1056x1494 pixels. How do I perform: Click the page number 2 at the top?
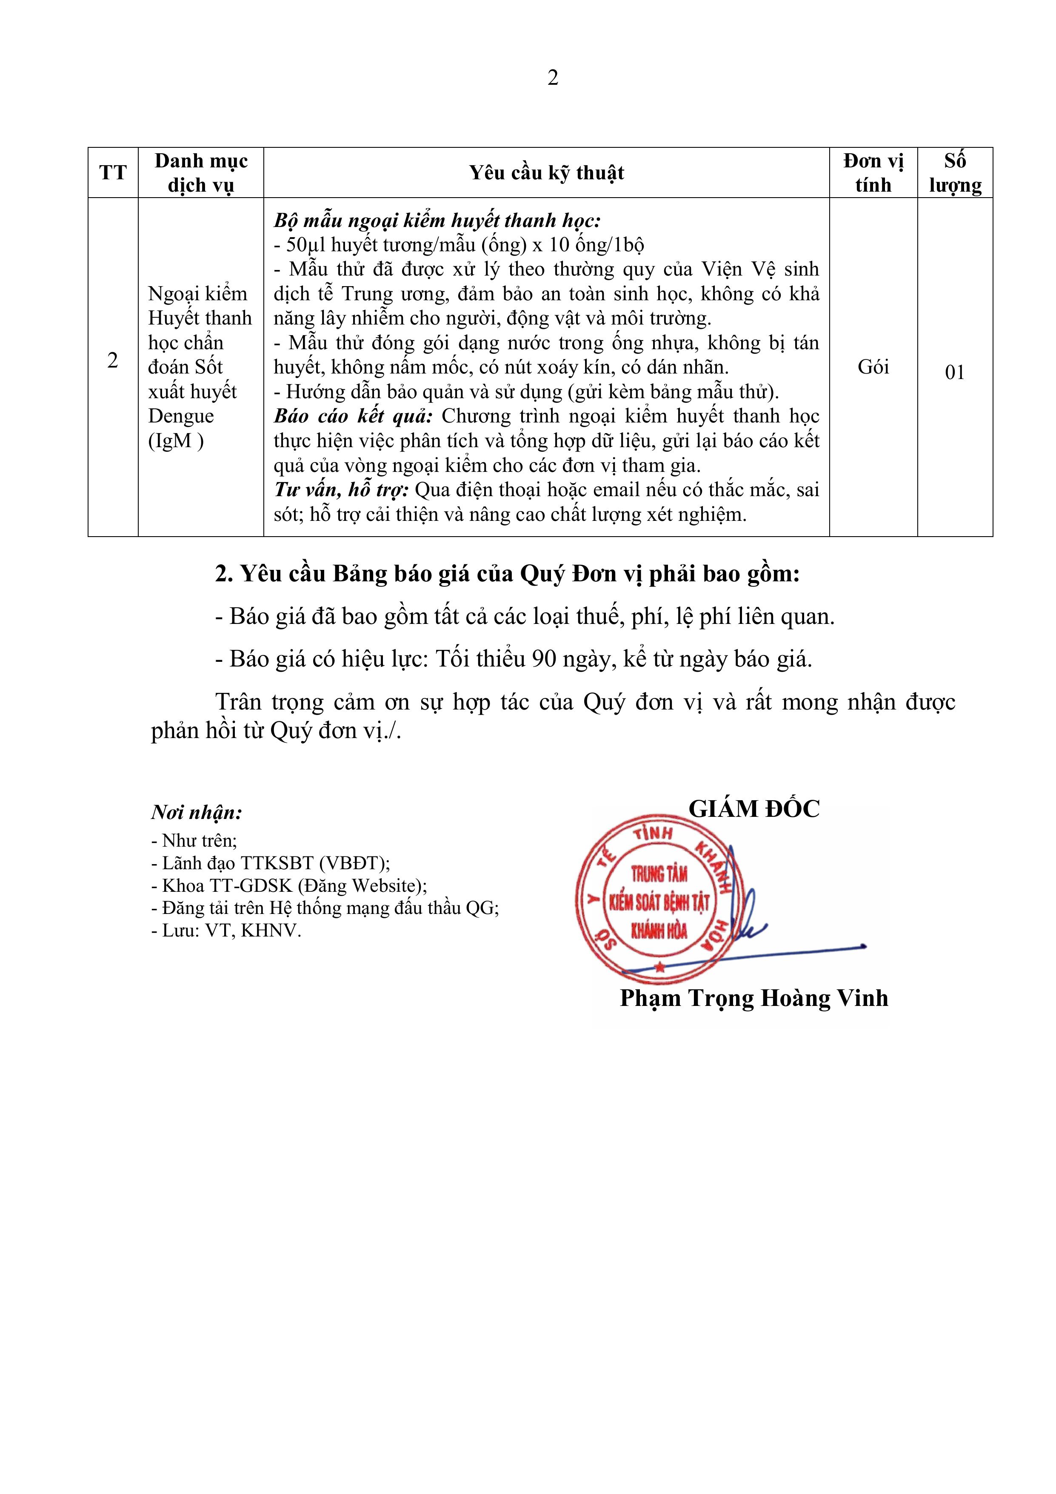(x=553, y=78)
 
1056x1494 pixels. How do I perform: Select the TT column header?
(x=112, y=173)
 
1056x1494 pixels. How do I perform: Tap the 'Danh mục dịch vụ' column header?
(x=201, y=173)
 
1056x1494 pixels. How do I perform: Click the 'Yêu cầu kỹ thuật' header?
(x=546, y=173)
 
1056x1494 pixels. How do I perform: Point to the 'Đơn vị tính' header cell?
(x=873, y=173)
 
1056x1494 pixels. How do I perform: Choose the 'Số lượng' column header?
(x=955, y=173)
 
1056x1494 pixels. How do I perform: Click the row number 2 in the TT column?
(x=112, y=360)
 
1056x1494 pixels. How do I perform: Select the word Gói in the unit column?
(x=873, y=367)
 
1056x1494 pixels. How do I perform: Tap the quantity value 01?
(x=955, y=372)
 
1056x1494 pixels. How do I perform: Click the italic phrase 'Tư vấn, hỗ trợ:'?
(x=341, y=490)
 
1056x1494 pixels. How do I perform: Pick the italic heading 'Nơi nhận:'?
(x=197, y=813)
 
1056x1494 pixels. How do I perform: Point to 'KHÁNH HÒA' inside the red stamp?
(x=659, y=931)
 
